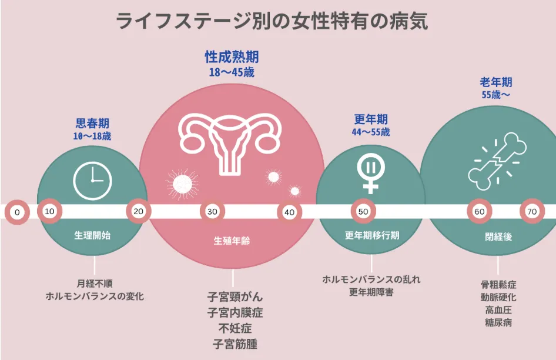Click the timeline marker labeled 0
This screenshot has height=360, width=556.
[x=17, y=212]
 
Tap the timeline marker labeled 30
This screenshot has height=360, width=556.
[x=212, y=212]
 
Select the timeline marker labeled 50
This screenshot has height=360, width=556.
[x=363, y=212]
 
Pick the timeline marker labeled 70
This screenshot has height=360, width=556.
[x=532, y=212]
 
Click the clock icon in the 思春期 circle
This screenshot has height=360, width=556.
[x=92, y=181]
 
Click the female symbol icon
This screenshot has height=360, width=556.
[x=370, y=174]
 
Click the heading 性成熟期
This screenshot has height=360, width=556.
[x=232, y=57]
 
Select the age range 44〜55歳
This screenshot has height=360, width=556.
[x=371, y=132]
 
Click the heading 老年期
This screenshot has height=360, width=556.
[x=496, y=82]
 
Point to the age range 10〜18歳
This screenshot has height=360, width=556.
[x=92, y=136]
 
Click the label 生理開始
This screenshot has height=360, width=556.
[x=92, y=235]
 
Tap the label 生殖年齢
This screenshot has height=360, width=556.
[x=232, y=241]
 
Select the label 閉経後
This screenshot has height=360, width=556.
[x=498, y=236]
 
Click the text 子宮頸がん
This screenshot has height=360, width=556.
[x=235, y=297]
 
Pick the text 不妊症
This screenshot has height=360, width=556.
[x=235, y=328]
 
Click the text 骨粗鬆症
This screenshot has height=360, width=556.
[x=498, y=284]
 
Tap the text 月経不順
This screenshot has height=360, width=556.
[x=95, y=284]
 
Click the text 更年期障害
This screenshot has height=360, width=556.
[x=371, y=292]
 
